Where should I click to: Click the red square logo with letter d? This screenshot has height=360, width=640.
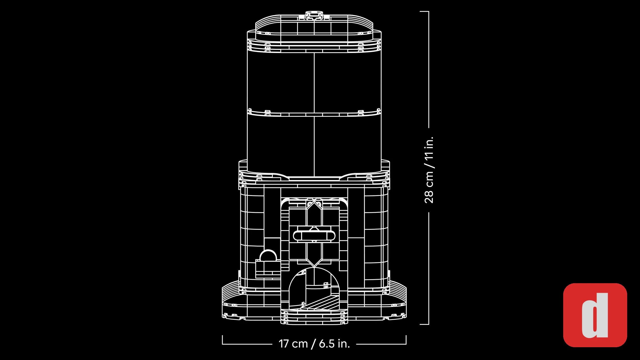point(595,315)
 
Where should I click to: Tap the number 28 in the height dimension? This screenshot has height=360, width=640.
point(429,196)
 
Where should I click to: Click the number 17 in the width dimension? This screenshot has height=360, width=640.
point(284,344)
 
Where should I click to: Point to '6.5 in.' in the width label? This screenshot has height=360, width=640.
point(334,344)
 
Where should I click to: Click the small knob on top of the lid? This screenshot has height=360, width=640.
point(314,15)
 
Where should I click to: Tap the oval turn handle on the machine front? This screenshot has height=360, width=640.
point(314,236)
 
